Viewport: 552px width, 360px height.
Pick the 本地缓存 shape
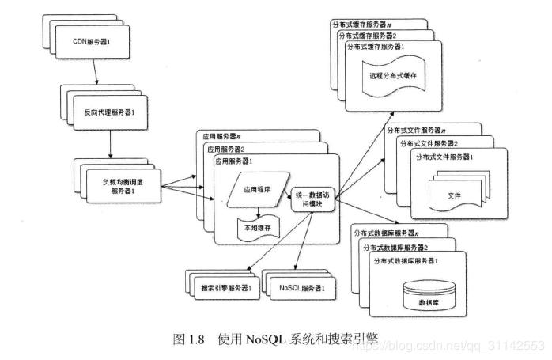click(x=256, y=228)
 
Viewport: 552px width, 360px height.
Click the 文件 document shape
click(x=453, y=194)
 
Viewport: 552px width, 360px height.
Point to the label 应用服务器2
click(x=229, y=149)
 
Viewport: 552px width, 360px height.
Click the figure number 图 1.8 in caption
click(x=190, y=339)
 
